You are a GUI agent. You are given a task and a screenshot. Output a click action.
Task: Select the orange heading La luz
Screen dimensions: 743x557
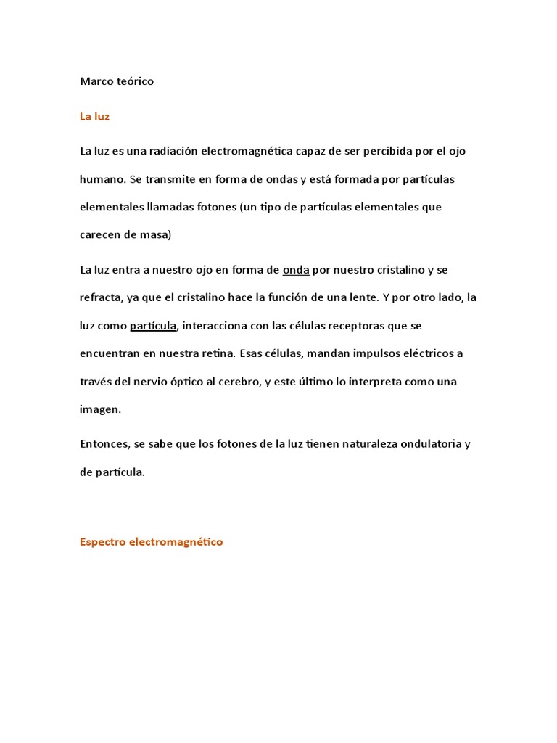94,116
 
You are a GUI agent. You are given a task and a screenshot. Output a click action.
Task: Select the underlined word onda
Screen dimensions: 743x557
296,270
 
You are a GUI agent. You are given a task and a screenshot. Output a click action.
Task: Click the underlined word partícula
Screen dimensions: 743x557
153,326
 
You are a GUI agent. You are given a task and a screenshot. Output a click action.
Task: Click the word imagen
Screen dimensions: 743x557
99,409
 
